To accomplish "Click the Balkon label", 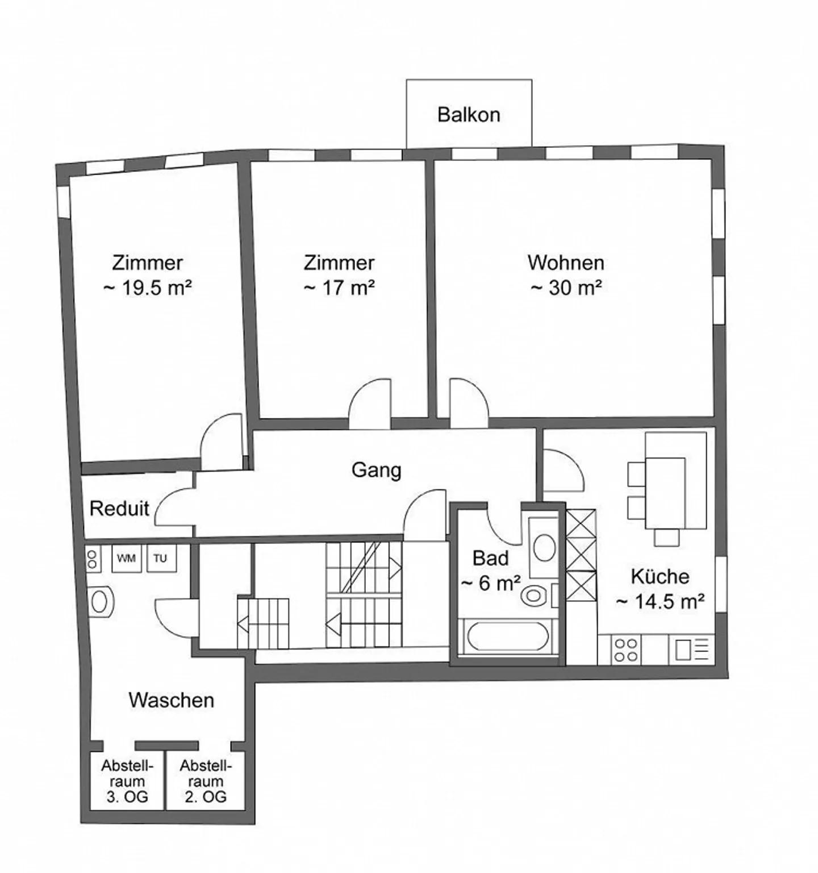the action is [x=469, y=115].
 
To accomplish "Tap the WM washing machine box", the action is [x=126, y=559].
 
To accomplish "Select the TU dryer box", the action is [x=161, y=559].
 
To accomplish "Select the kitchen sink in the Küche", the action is [x=691, y=650].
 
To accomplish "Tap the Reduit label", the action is [x=119, y=508].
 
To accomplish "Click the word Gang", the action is [x=376, y=471].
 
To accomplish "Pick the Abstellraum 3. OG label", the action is [x=127, y=781].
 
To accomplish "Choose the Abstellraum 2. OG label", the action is [x=206, y=781].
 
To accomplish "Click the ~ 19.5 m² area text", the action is [x=147, y=288].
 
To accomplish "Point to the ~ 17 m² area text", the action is [x=339, y=288].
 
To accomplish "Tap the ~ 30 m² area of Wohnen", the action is [x=566, y=288].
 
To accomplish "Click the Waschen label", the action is [x=171, y=700].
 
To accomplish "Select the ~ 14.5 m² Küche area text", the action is [x=660, y=601].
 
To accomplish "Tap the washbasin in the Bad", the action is [x=544, y=547].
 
